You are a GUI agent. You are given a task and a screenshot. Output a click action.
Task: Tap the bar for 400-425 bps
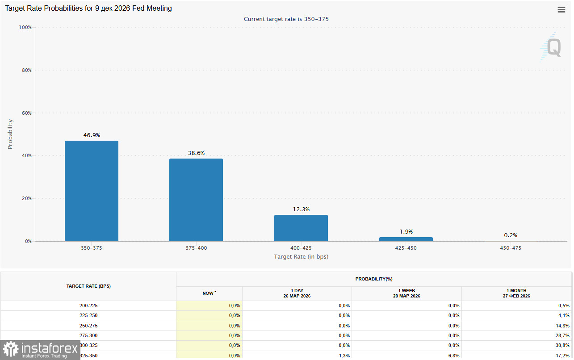click(x=301, y=228)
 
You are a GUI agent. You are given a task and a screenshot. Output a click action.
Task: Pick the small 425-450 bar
click(x=406, y=239)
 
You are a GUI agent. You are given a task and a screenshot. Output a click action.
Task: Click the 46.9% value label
click(x=92, y=135)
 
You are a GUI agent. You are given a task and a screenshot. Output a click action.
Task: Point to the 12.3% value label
click(x=301, y=209)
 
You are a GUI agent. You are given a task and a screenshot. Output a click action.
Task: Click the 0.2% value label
click(x=511, y=235)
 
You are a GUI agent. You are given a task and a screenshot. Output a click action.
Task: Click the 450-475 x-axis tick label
click(x=511, y=248)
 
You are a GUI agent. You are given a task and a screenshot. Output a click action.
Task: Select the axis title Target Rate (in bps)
click(x=301, y=256)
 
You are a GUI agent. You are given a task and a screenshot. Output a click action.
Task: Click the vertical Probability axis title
click(x=10, y=134)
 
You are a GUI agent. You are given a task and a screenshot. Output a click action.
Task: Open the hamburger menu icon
click(x=561, y=10)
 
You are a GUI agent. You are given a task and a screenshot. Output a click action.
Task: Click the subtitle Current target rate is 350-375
click(x=286, y=19)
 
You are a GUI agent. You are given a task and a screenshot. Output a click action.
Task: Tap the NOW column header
click(x=209, y=293)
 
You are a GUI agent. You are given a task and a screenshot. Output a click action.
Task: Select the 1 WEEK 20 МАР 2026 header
click(x=406, y=293)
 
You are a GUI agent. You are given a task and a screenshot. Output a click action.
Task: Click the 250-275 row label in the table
click(x=88, y=326)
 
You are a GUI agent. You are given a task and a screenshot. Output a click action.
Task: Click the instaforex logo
click(x=40, y=349)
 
